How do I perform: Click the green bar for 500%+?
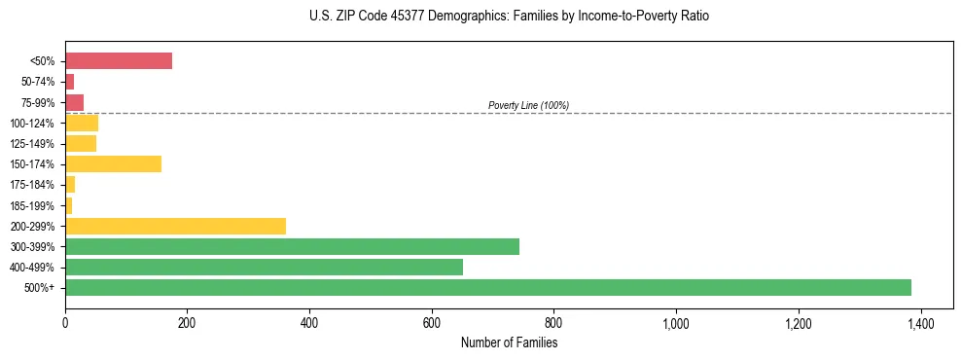487,287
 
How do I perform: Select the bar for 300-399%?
292,246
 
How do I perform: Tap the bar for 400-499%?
264,267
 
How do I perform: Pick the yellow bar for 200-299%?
175,226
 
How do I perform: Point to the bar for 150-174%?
113,163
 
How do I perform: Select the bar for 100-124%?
82,123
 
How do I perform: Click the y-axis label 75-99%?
38,103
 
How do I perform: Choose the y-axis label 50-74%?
38,83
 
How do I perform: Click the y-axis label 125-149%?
33,144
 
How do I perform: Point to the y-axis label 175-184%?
33,185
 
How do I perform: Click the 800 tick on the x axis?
553,322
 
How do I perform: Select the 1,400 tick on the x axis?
920,322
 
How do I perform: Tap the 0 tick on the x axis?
65,322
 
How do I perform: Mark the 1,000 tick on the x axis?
675,322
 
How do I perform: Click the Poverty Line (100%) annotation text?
528,105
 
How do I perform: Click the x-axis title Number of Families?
509,342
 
